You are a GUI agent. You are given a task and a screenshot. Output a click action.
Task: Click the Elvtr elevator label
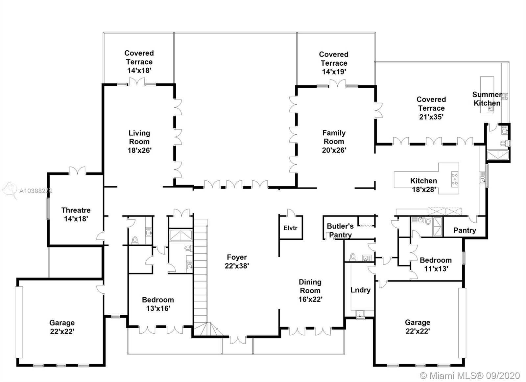pyautogui.click(x=290, y=228)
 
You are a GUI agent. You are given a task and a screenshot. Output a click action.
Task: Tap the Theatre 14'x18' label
pyautogui.click(x=76, y=214)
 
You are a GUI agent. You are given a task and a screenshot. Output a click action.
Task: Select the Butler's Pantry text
pyautogui.click(x=340, y=230)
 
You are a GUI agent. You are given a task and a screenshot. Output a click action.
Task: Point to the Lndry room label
pyautogui.click(x=360, y=290)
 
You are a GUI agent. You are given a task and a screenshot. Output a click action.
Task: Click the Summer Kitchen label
pyautogui.click(x=487, y=99)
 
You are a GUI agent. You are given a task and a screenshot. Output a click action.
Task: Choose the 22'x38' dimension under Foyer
pyautogui.click(x=237, y=266)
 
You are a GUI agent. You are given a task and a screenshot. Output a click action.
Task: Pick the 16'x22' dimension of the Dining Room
pyautogui.click(x=310, y=299)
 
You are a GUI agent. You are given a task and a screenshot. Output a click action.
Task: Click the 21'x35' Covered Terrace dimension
pyautogui.click(x=431, y=117)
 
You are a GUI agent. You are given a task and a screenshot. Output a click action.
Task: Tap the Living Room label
pyautogui.click(x=139, y=137)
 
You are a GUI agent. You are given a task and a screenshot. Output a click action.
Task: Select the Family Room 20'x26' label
pyautogui.click(x=334, y=142)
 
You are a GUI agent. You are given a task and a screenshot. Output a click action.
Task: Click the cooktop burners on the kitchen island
pyautogui.click(x=455, y=179)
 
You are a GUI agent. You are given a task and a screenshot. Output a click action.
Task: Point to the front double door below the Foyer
pyautogui.click(x=237, y=340)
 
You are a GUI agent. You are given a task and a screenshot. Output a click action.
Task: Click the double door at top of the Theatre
pyautogui.click(x=77, y=171)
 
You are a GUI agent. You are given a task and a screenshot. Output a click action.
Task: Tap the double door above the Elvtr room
pyautogui.click(x=291, y=213)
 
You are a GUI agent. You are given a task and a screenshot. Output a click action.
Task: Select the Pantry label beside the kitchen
pyautogui.click(x=464, y=230)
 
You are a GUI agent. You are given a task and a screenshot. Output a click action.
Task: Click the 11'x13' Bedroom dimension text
pyautogui.click(x=436, y=269)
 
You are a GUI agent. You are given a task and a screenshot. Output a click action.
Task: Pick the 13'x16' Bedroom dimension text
pyautogui.click(x=158, y=308)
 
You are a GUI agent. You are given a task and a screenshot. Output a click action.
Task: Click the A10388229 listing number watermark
pyautogui.click(x=36, y=191)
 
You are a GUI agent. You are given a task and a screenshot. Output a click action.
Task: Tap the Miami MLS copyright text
pyautogui.click(x=470, y=375)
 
